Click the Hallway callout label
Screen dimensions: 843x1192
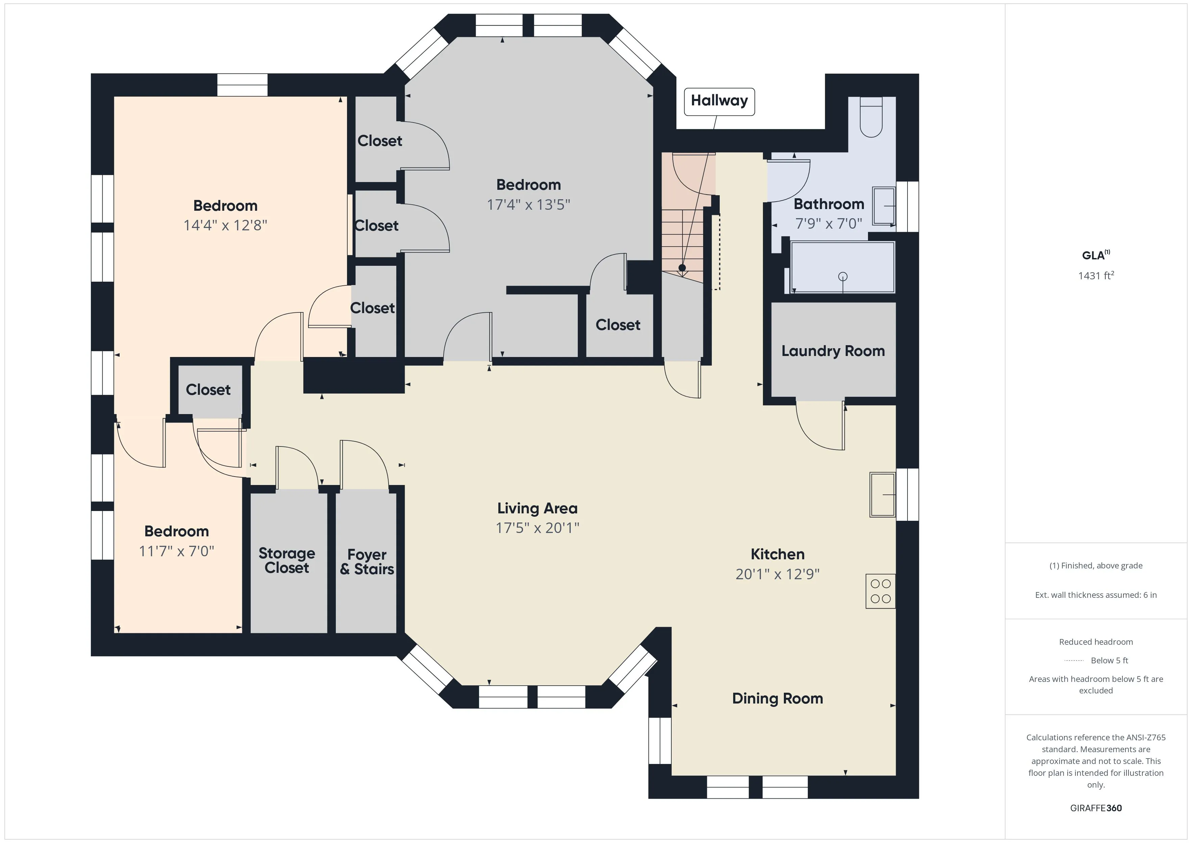click(x=719, y=101)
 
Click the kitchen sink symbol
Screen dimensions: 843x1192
click(x=882, y=495)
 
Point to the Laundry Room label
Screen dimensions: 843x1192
click(x=833, y=352)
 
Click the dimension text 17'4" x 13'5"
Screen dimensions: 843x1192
click(x=528, y=205)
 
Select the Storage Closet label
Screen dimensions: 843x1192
click(x=287, y=561)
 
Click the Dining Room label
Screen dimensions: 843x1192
click(x=777, y=699)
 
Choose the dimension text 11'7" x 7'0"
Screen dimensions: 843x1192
click(x=176, y=551)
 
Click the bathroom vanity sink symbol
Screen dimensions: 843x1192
click(x=883, y=206)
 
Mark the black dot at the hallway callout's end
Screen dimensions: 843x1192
click(x=682, y=268)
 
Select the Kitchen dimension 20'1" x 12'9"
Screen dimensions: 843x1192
click(x=777, y=574)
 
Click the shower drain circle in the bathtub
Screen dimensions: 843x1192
click(x=843, y=277)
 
